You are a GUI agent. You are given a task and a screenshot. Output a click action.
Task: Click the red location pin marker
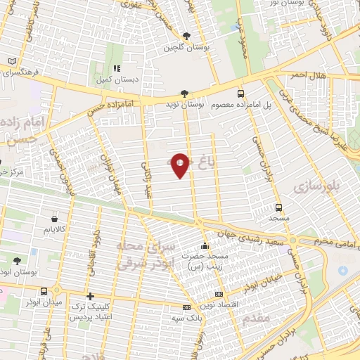point(181,165)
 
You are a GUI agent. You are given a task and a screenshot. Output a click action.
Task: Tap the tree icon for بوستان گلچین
point(186,37)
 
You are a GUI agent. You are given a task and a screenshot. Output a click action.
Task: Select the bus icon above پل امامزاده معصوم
point(241,94)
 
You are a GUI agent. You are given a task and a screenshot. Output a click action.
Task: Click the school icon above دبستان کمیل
point(117,69)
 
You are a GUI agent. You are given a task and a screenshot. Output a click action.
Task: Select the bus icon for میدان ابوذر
point(44,291)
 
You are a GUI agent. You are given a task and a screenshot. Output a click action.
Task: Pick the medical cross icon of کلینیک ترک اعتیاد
point(89,297)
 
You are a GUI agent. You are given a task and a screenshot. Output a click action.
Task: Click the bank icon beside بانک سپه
point(186,307)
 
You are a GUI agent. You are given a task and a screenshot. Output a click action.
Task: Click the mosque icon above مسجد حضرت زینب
point(205,247)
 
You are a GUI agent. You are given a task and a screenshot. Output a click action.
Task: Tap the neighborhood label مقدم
point(259,320)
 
